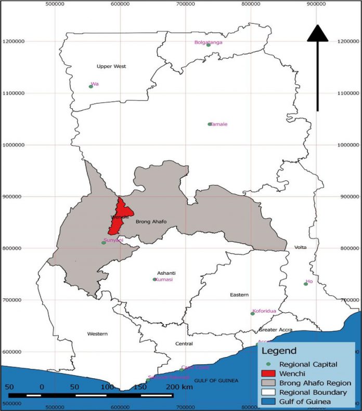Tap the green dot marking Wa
click(x=90, y=87)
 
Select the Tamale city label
click(x=219, y=124)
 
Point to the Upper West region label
click(x=111, y=67)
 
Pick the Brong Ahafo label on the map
click(x=151, y=222)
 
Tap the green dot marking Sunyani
click(x=104, y=243)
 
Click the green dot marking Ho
click(x=306, y=284)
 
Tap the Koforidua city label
click(x=264, y=311)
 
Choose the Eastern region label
click(x=239, y=295)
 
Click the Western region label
click(x=97, y=334)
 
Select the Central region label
click(x=184, y=344)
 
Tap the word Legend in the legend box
click(x=279, y=351)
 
